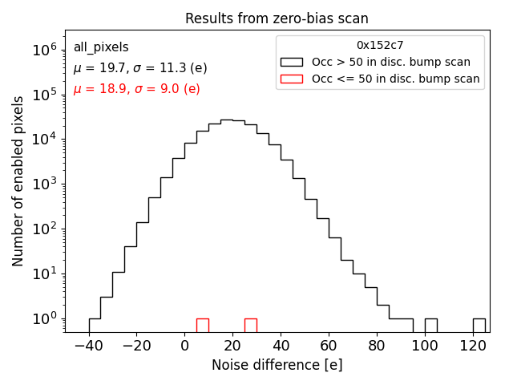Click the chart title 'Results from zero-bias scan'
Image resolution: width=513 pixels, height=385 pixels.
click(x=277, y=18)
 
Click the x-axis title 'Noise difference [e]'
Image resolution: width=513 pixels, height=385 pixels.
click(x=277, y=365)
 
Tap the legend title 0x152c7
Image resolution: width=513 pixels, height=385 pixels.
click(x=380, y=46)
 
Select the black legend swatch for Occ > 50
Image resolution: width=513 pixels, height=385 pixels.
click(x=292, y=62)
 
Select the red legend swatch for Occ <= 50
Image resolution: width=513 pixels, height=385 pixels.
click(x=292, y=79)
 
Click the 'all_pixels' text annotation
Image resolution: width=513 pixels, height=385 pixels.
click(x=101, y=47)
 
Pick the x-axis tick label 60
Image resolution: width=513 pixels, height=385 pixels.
click(x=329, y=345)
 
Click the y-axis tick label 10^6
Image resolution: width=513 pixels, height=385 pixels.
click(x=44, y=50)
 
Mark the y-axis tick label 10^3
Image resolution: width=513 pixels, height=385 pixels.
click(x=44, y=184)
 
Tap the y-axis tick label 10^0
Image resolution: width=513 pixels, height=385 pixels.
click(x=44, y=319)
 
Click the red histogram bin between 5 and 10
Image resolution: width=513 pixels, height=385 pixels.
click(x=203, y=325)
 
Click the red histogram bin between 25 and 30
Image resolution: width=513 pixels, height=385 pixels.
click(x=251, y=325)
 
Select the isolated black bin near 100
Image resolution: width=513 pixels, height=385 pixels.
click(x=431, y=325)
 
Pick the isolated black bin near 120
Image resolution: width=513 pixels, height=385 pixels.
click(x=479, y=325)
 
